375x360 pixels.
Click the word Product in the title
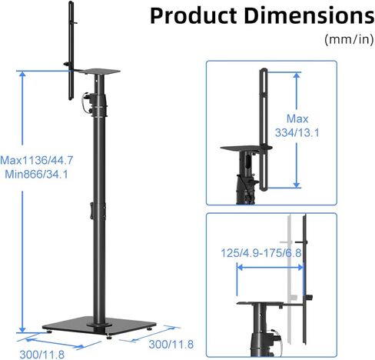click(x=193, y=16)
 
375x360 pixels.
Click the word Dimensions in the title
click(x=309, y=16)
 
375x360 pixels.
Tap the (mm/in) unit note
click(x=349, y=39)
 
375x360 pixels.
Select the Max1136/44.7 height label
click(x=37, y=161)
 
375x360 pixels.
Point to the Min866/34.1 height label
click(x=37, y=175)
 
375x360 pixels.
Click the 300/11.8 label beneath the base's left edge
click(x=42, y=355)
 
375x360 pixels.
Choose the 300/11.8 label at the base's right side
click(x=171, y=345)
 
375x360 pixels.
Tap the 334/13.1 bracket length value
click(x=297, y=133)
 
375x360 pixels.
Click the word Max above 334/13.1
click(x=297, y=118)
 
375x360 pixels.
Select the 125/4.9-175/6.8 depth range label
click(x=261, y=253)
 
